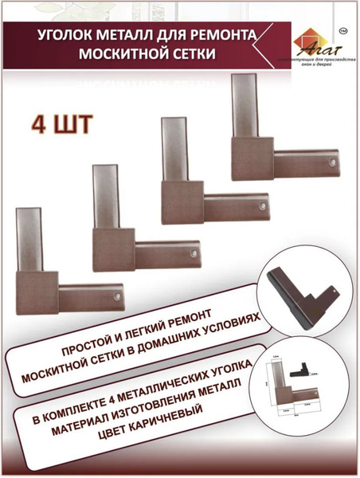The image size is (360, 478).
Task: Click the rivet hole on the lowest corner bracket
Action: click(x=118, y=296)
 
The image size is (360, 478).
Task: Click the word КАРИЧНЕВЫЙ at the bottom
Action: click(x=158, y=423)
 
